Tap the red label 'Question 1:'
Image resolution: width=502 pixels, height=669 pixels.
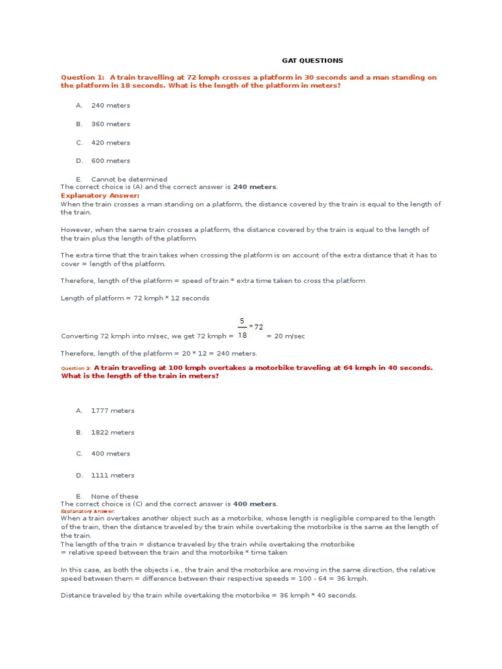(83, 78)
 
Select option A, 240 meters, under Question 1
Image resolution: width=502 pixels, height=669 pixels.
(110, 105)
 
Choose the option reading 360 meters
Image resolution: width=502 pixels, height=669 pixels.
(110, 124)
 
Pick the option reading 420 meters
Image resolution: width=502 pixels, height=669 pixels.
(110, 142)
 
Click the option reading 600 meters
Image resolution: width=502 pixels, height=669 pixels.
(110, 161)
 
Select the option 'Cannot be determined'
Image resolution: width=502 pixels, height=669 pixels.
(129, 179)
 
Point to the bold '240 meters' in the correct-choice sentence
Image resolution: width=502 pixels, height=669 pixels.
(255, 187)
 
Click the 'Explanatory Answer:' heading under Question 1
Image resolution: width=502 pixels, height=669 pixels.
(100, 195)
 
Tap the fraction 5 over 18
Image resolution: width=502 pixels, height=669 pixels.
(242, 328)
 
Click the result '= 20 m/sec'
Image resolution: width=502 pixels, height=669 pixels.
(286, 336)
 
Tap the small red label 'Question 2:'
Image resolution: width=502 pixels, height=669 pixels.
(76, 368)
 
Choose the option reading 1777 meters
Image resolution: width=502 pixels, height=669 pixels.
(112, 411)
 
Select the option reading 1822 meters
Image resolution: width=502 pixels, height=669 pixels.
(112, 432)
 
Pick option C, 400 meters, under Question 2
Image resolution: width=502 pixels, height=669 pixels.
(110, 453)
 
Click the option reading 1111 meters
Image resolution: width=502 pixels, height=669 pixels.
(112, 476)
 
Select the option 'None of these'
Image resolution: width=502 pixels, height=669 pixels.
(114, 497)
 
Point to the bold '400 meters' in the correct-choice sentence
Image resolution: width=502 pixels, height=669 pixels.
(255, 504)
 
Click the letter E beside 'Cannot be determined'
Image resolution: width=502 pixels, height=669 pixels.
(78, 179)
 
